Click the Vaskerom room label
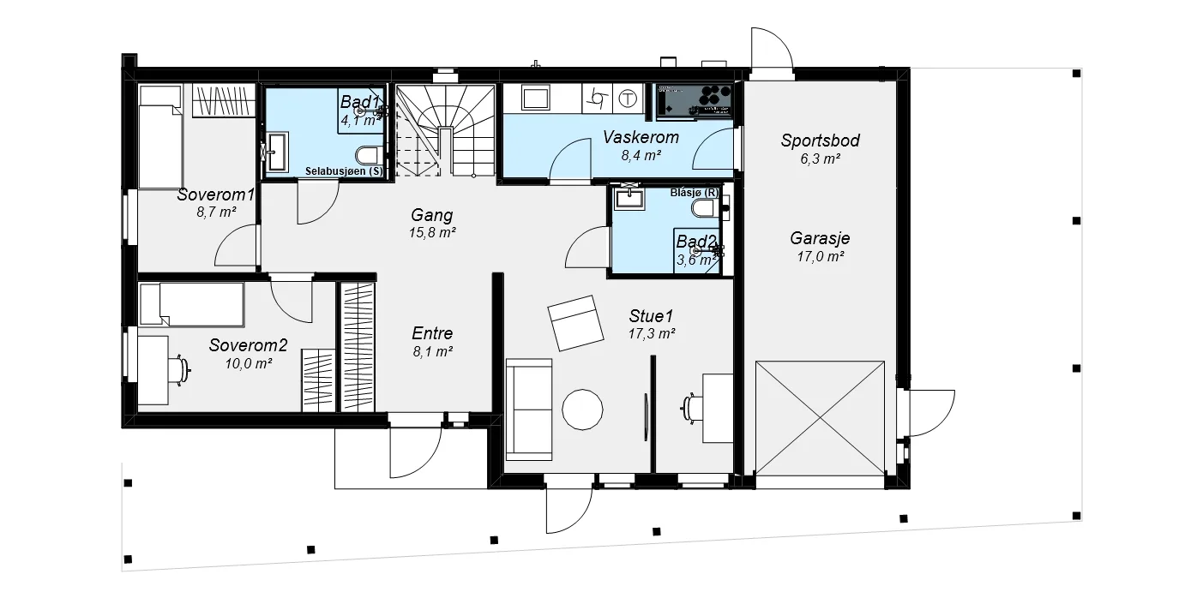[x=641, y=137]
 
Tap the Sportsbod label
[x=820, y=141]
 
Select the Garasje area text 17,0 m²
[x=820, y=257]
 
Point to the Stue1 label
[x=652, y=315]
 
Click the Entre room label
[x=432, y=333]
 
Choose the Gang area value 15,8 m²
[x=432, y=233]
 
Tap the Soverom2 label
[x=248, y=345]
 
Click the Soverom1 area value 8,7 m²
[x=216, y=212]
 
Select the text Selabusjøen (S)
[x=344, y=171]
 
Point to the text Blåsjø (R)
[x=694, y=193]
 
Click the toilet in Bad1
[x=370, y=156]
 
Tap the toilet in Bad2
[x=705, y=208]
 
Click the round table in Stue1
[x=582, y=410]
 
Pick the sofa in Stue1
[x=529, y=410]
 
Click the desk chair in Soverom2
[x=180, y=370]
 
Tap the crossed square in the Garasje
[x=820, y=418]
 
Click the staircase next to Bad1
[x=445, y=130]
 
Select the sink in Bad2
[x=629, y=197]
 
